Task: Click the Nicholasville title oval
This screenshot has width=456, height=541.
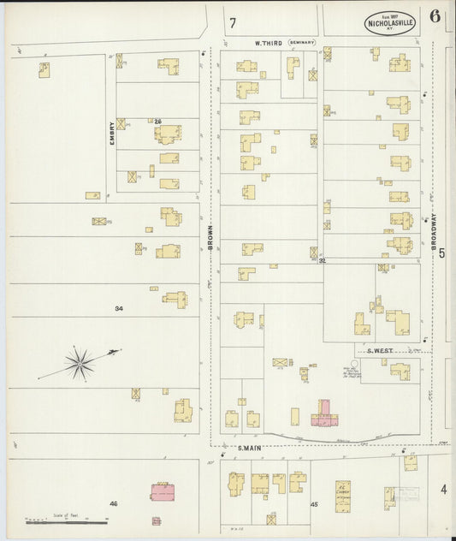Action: (389, 22)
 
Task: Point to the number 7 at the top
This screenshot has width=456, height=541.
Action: (232, 23)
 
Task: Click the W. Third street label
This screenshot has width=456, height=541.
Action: (268, 42)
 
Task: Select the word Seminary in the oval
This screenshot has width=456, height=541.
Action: (302, 42)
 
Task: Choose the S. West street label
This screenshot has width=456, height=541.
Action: (379, 350)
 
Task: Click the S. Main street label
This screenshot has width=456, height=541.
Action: (248, 448)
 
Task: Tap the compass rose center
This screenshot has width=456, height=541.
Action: (80, 366)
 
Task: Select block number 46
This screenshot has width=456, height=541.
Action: (113, 504)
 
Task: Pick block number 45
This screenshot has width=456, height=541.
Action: (314, 504)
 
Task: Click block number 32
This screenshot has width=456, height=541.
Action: (323, 260)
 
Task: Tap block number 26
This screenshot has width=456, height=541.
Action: (157, 121)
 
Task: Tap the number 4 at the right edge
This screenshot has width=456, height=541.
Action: (443, 490)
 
